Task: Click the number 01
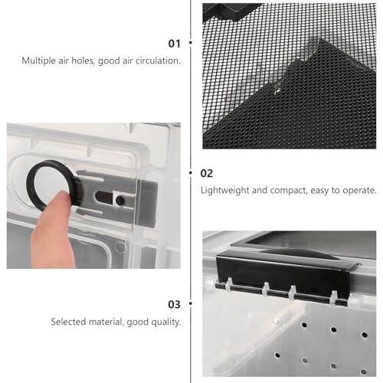174,44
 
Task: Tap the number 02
207,173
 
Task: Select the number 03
174,304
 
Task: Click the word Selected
68,322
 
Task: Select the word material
106,322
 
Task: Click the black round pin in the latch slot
119,200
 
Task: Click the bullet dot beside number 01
191,42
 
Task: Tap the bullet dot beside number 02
191,173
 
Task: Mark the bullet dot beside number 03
191,303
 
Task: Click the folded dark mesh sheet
306,107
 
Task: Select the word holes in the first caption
82,61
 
